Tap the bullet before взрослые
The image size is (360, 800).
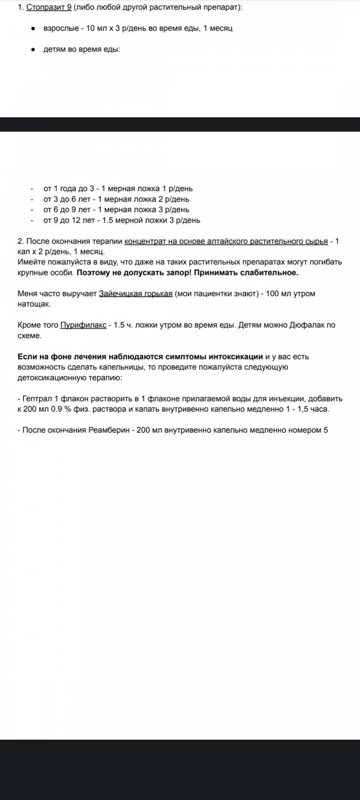[33, 28]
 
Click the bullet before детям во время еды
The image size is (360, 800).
[33, 49]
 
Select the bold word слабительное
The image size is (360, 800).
[266, 273]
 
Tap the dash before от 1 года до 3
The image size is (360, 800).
[33, 188]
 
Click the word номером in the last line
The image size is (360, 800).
[305, 429]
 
